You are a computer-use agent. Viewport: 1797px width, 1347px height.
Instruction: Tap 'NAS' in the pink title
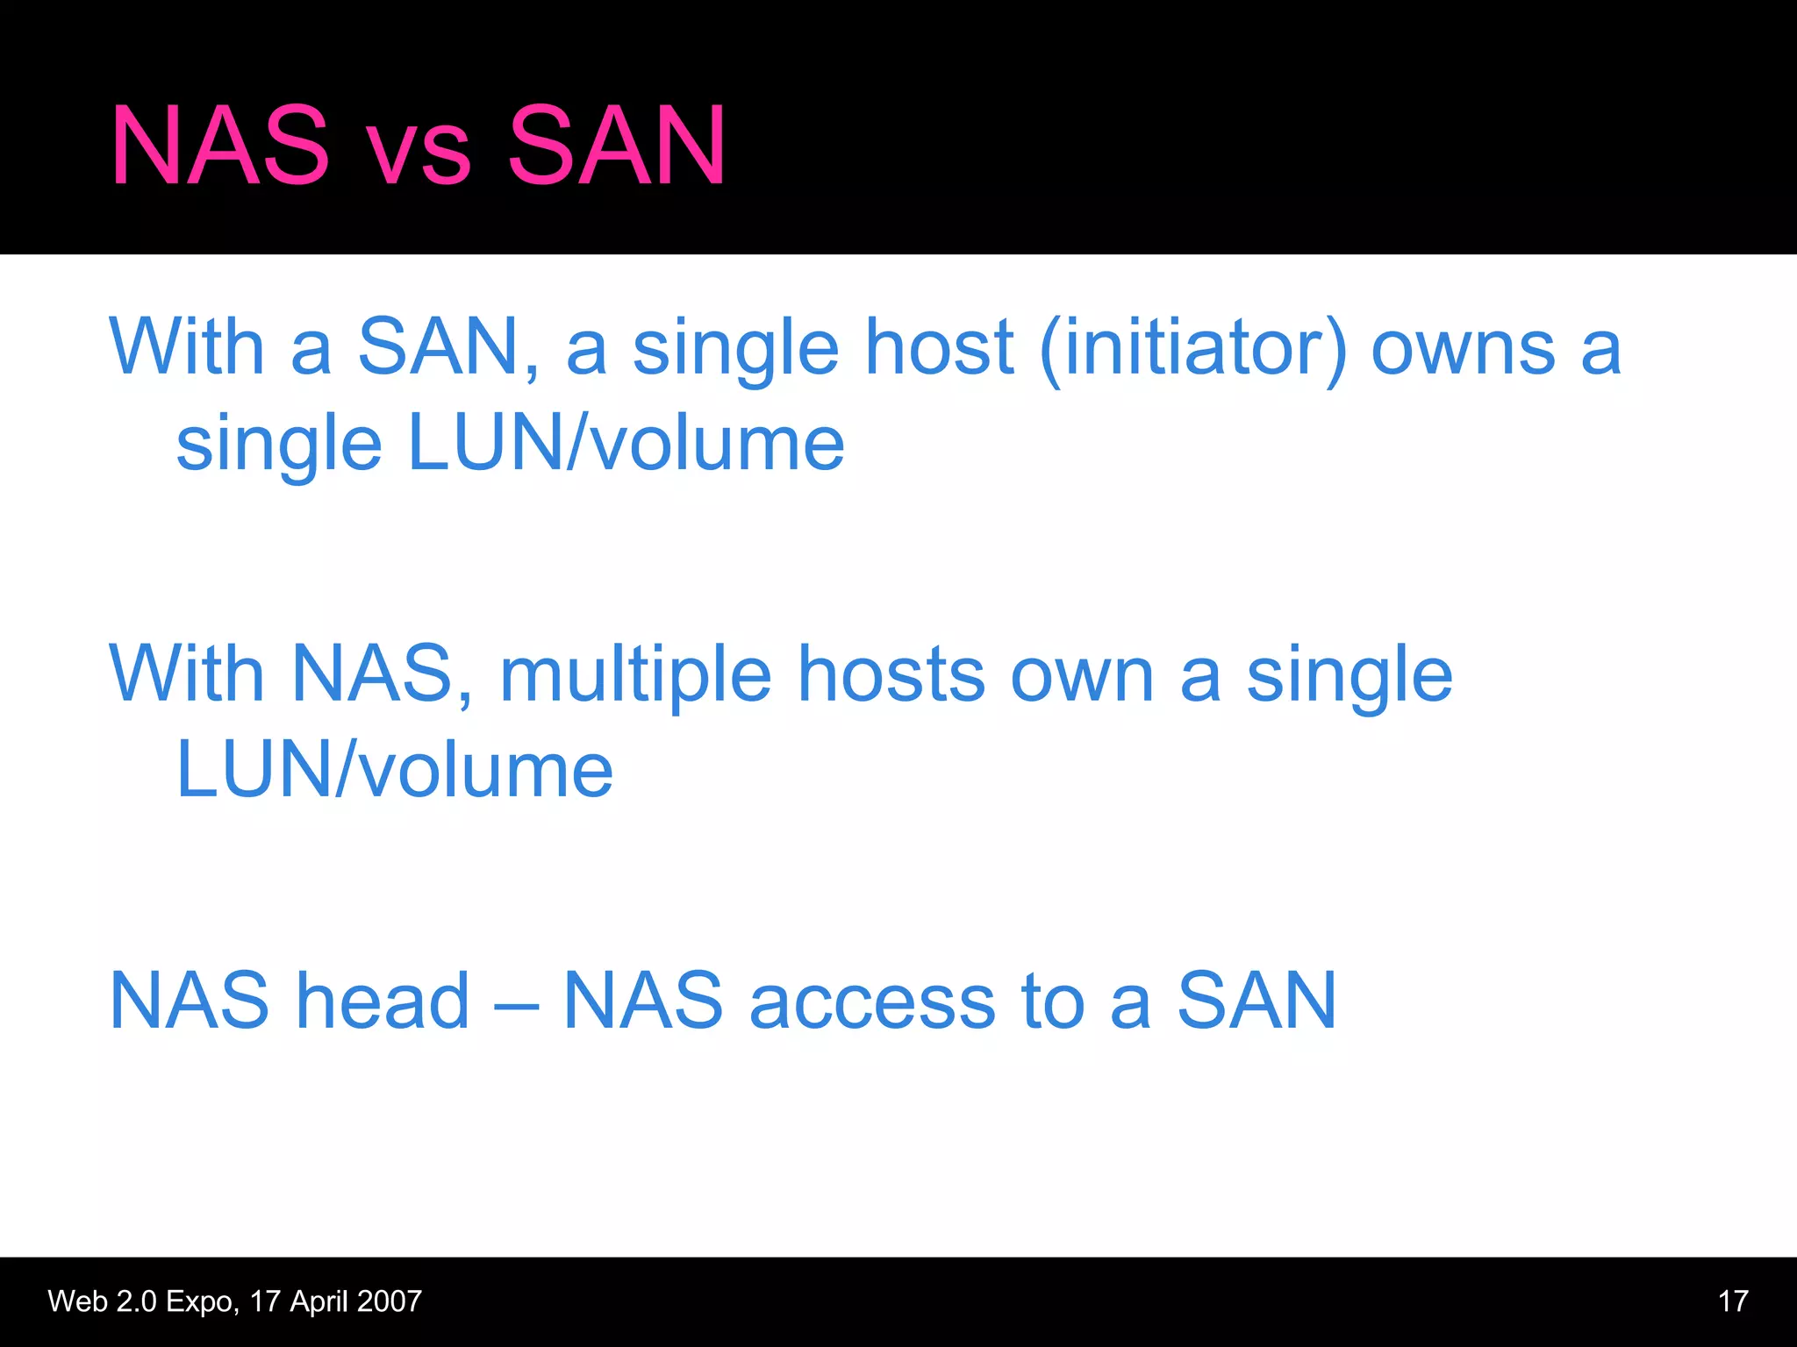(220, 146)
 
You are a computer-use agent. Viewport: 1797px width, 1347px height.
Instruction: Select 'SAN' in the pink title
(617, 146)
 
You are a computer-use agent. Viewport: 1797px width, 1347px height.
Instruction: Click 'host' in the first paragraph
(939, 347)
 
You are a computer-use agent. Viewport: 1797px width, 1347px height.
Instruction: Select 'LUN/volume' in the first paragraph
(626, 444)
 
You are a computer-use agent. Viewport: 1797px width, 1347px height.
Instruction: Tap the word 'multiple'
(635, 677)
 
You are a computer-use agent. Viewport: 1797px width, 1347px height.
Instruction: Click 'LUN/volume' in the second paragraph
(394, 770)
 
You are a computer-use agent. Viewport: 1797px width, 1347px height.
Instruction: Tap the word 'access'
(872, 1002)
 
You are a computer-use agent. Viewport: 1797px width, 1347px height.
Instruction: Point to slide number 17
(1733, 1301)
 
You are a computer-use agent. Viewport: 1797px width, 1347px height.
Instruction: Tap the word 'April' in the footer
(319, 1302)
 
